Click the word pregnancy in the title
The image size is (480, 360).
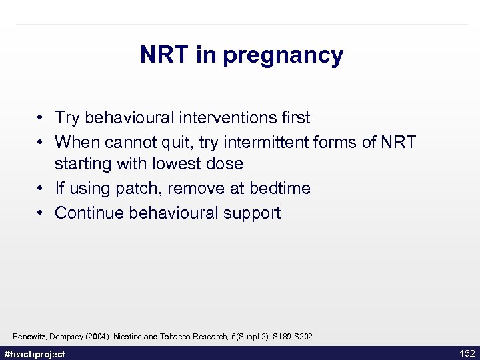(x=283, y=55)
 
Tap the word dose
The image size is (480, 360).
(x=225, y=163)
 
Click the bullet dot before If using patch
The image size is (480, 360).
(x=41, y=189)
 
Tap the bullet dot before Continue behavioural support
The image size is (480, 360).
(x=41, y=213)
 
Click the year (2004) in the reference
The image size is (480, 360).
(x=98, y=337)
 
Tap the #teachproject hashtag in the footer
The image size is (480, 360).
(x=35, y=354)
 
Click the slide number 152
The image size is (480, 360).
(x=467, y=353)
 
